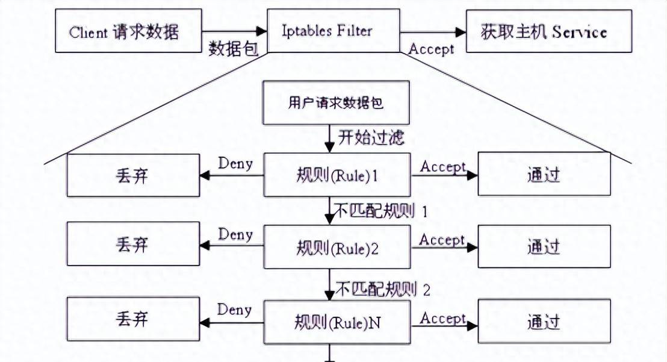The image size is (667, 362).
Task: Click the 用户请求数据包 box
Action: tap(335, 102)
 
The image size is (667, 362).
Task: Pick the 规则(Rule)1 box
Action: tap(337, 175)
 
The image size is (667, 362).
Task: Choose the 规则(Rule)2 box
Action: tap(337, 246)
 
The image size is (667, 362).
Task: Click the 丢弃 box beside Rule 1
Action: tap(132, 175)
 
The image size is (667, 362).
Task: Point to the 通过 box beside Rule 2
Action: tap(544, 246)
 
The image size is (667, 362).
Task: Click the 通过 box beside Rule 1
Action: tap(544, 175)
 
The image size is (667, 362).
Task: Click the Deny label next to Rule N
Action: tap(234, 310)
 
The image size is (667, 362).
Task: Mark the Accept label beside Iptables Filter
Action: tap(431, 49)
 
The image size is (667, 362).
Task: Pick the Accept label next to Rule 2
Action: tap(442, 240)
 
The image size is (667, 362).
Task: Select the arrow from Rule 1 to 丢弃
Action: tap(232, 176)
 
